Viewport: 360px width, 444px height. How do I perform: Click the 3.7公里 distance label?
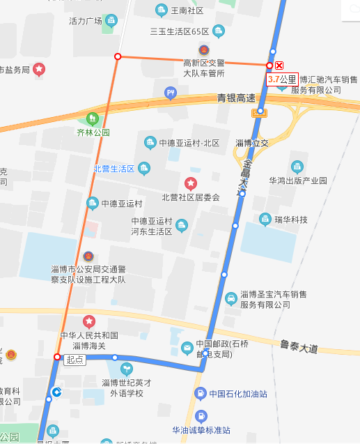282,79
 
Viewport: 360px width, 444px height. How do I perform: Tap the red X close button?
280,65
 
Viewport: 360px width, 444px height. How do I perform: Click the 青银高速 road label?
235,98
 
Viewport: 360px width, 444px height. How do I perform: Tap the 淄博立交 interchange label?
251,143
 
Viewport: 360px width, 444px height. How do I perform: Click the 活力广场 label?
86,21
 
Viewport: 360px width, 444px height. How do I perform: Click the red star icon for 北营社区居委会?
190,183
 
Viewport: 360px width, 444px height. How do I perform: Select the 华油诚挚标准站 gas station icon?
201,417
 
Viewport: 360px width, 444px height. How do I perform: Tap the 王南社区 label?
187,11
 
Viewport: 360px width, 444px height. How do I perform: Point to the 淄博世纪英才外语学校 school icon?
125,368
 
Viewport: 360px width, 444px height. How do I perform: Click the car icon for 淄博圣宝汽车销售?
230,299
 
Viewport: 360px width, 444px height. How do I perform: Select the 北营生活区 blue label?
114,169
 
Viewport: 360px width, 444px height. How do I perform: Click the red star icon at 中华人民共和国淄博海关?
89,321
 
